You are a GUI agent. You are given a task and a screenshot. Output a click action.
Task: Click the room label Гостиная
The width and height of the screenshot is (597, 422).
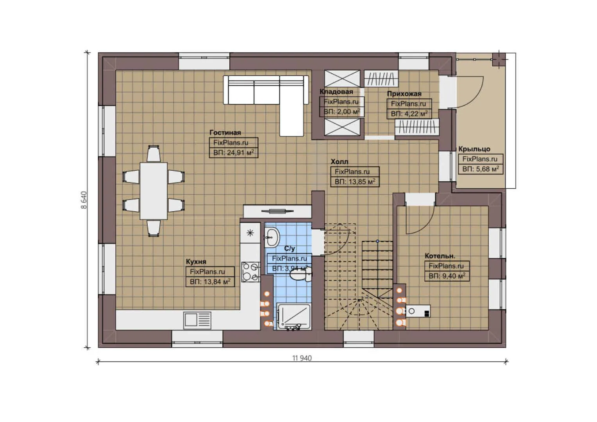tap(225, 132)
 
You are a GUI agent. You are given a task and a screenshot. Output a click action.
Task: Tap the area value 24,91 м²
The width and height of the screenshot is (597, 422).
tap(233, 153)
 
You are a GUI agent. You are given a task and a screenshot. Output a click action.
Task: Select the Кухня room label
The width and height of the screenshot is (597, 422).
tap(196, 262)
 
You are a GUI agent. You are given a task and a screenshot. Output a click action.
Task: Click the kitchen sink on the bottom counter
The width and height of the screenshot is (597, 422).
tap(197, 320)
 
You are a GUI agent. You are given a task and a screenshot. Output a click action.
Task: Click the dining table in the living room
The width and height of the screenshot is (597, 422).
tap(154, 191)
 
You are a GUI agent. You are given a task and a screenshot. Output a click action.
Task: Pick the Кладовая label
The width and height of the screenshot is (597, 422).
tap(336, 92)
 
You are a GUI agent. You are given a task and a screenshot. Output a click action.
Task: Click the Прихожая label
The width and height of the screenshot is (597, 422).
tap(404, 94)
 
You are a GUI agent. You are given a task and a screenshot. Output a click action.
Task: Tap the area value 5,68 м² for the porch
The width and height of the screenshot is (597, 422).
tap(480, 169)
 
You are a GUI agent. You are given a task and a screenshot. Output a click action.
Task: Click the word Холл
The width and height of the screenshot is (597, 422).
tap(339, 161)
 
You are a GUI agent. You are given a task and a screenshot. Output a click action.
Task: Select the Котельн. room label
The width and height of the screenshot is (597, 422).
tap(440, 256)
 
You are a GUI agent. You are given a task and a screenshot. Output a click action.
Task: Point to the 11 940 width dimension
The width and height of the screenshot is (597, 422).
tap(302, 358)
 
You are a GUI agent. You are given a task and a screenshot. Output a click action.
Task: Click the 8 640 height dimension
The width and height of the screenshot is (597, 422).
tap(84, 200)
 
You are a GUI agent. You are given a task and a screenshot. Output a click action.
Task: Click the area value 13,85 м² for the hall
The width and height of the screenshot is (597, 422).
tap(354, 182)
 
